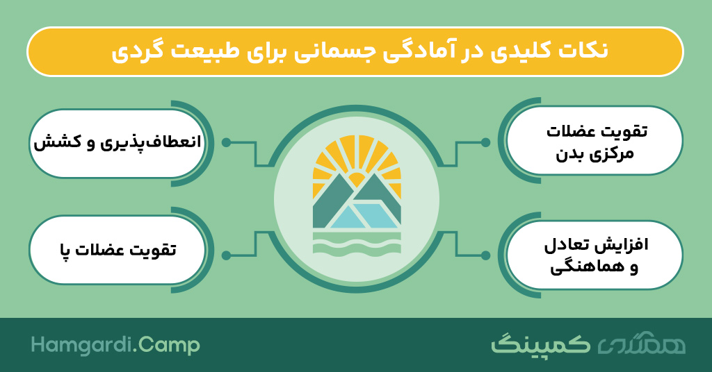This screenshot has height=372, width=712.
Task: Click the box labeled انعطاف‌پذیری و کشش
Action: point(117,143)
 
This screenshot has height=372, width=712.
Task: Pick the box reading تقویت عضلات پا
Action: point(117,250)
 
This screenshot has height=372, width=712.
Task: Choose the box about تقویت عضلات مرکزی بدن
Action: point(594,140)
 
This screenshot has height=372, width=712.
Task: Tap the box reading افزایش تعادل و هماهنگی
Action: point(594,255)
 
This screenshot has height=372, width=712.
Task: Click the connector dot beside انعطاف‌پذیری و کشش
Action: point(226,143)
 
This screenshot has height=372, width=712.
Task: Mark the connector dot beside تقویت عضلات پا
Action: point(226,255)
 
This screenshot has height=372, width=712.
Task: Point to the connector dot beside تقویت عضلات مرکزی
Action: point(485,142)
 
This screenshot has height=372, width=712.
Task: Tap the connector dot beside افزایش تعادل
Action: point(485,255)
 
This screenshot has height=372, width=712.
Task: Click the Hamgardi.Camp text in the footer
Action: point(115,345)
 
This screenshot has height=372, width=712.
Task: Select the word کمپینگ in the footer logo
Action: point(541,344)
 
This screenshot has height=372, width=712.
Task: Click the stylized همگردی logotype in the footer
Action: point(641,345)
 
